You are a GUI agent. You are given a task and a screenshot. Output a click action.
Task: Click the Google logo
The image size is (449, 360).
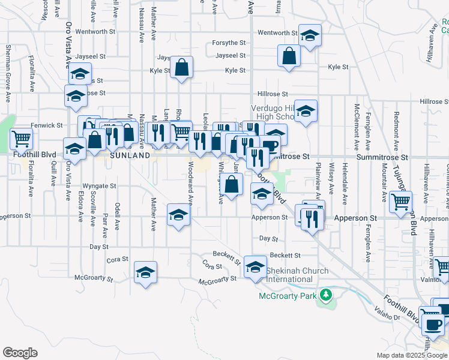tap(20, 353)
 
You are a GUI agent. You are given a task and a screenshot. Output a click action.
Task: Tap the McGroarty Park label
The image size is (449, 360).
tap(287, 296)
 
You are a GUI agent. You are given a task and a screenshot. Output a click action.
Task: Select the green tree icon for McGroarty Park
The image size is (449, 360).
tap(325, 295)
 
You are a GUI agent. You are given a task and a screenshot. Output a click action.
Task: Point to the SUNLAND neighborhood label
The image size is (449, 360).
tap(130, 155)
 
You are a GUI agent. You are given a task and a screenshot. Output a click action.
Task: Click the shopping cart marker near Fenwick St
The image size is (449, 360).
tap(21, 139)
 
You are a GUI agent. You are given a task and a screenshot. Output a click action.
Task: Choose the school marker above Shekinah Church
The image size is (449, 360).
tap(256, 266)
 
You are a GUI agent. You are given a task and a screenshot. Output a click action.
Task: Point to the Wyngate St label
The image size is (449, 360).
tap(99, 186)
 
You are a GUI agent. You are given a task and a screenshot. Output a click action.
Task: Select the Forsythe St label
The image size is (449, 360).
tap(229, 43)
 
